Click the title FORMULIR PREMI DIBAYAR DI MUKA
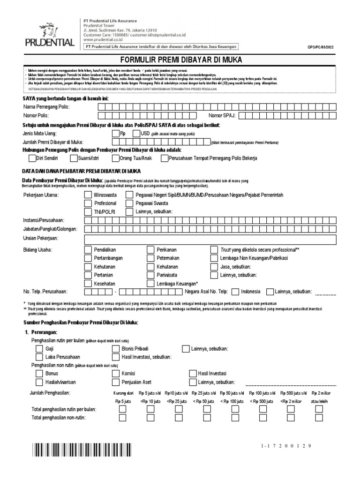tap(180, 60)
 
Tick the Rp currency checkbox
tap(116, 134)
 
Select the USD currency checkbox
tap(136, 134)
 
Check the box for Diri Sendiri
tap(32, 158)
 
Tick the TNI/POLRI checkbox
tap(88, 211)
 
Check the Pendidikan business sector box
tap(88, 249)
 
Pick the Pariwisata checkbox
tap(150, 275)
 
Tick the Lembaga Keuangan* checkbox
tap(150, 283)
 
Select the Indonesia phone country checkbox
tap(235, 292)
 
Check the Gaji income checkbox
tap(39, 349)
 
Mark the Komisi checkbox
tap(115, 374)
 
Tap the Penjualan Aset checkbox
tap(115, 382)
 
